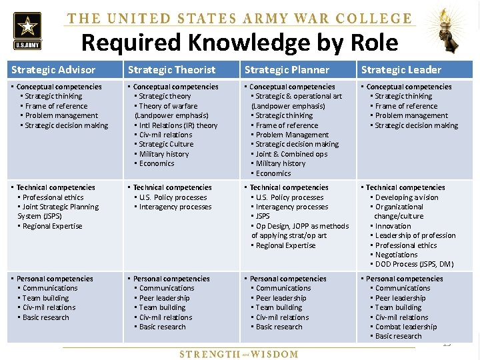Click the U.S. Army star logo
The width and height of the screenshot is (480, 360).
(27, 30)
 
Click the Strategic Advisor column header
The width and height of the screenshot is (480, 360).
(53, 69)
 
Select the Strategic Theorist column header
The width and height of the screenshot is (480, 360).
(171, 69)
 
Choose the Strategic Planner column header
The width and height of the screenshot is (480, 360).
(287, 69)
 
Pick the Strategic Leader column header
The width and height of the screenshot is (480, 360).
(401, 69)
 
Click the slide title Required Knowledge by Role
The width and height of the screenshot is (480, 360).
(239, 43)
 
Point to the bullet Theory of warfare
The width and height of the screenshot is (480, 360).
(168, 106)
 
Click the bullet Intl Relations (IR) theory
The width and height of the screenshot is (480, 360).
(178, 125)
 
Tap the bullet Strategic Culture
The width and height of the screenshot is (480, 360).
(166, 144)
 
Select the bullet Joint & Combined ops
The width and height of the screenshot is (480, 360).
(291, 154)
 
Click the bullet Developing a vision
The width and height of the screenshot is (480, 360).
(407, 197)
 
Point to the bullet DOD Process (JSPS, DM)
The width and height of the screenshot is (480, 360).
(414, 264)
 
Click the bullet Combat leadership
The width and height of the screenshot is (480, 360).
(406, 327)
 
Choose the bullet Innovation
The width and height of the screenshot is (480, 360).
(393, 226)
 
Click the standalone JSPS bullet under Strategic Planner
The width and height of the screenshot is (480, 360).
(263, 217)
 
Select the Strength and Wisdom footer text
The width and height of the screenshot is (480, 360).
(239, 354)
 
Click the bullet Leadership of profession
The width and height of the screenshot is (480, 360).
(415, 235)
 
